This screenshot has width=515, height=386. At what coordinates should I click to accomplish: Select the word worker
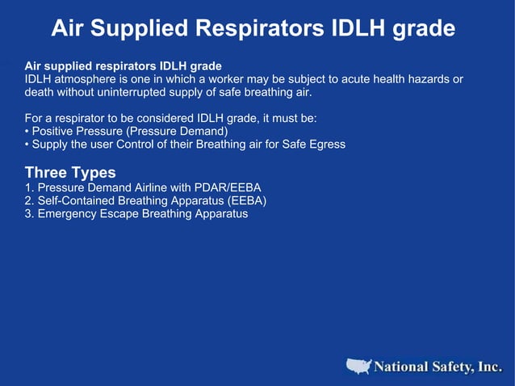(x=233, y=78)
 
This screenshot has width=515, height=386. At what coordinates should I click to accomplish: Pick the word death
(x=40, y=92)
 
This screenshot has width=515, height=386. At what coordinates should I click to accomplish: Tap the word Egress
(x=326, y=145)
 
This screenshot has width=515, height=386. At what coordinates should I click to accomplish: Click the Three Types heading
(x=70, y=172)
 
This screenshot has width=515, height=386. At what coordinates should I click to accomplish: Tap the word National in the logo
(x=400, y=367)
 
